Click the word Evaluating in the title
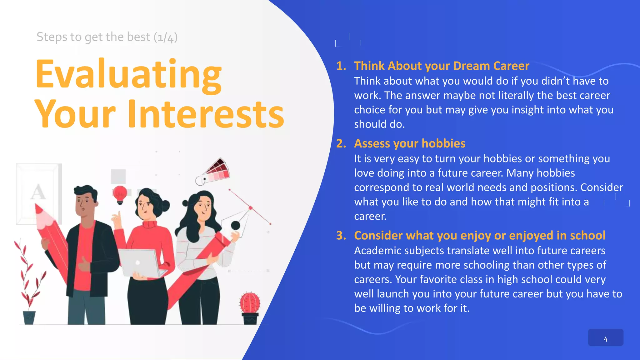click(x=128, y=74)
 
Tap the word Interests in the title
click(x=206, y=114)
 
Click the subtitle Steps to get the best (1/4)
click(x=107, y=37)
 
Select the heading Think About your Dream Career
click(x=441, y=66)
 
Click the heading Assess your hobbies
click(x=409, y=143)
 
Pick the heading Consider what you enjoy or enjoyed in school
click(x=479, y=235)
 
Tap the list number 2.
click(x=341, y=143)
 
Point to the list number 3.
click(x=341, y=235)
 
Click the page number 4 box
click(x=605, y=337)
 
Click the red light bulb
click(x=120, y=194)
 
